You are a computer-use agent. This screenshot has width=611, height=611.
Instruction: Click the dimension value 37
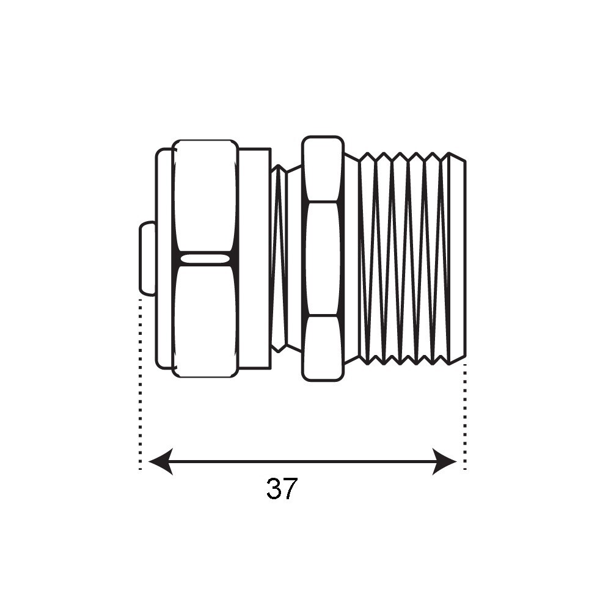tap(282, 489)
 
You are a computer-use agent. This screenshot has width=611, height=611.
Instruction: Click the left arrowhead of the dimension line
tap(161, 462)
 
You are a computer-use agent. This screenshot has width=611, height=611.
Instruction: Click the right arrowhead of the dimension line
tap(445, 462)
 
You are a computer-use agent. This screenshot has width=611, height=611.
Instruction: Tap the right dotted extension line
tap(464, 417)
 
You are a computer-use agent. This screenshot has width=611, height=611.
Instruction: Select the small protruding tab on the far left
tap(147, 258)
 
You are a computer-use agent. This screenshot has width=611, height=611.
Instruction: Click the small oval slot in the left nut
tap(205, 258)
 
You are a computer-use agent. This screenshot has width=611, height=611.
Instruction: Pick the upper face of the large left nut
tap(205, 196)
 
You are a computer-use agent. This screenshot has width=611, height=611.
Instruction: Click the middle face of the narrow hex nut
tap(323, 258)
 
